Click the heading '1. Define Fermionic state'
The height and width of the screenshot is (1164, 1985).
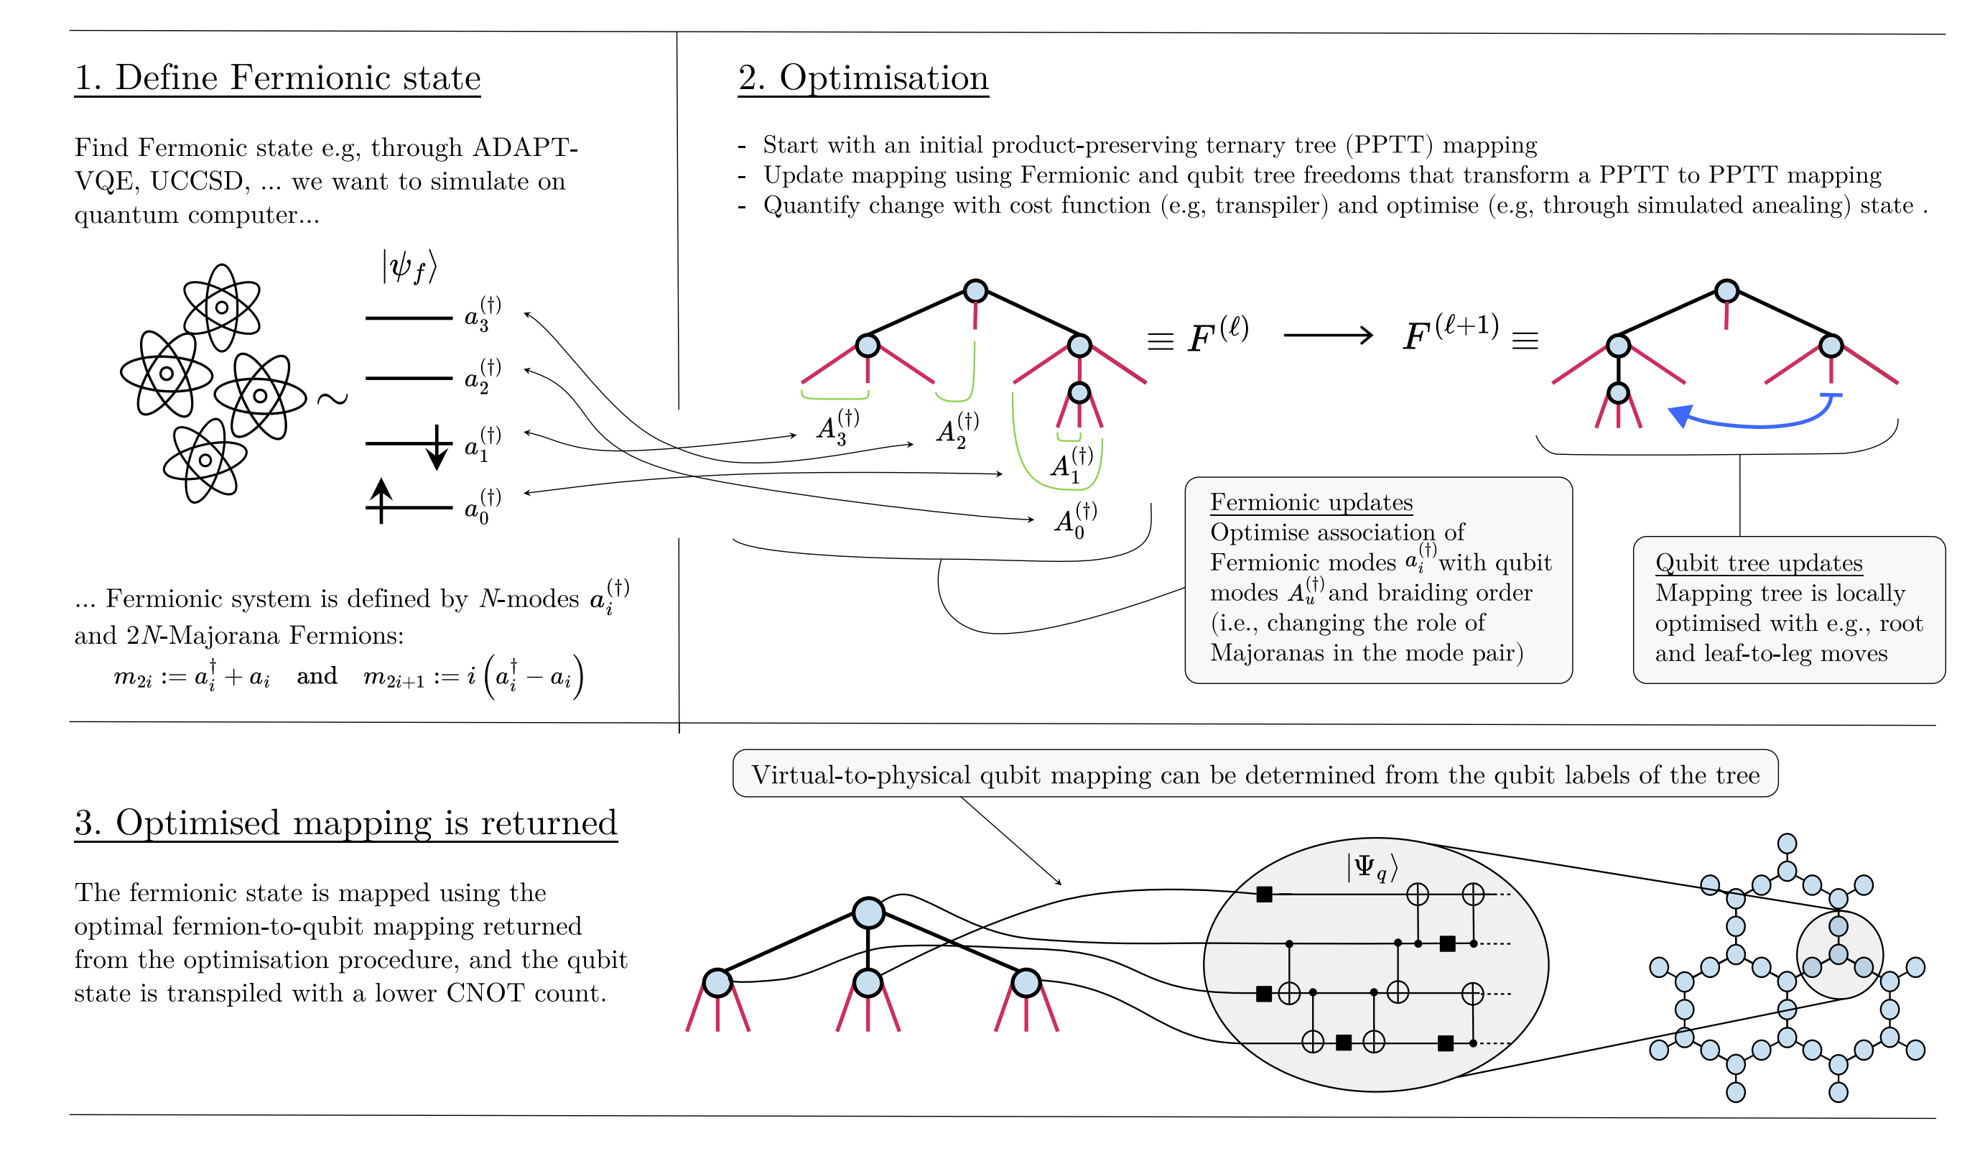pos(277,78)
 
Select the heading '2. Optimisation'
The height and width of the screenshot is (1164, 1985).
pos(863,78)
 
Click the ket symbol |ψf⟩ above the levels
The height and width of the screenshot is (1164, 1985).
pos(409,267)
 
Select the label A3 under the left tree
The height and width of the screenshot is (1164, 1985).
pos(837,428)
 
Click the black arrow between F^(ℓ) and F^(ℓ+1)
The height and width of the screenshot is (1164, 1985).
pos(1327,336)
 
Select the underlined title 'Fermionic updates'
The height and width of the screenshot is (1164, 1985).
pos(1311,502)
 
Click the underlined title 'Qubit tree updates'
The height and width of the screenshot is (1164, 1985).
pos(1758,563)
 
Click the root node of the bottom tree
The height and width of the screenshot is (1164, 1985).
pos(868,913)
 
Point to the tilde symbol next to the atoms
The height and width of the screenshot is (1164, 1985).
pos(332,399)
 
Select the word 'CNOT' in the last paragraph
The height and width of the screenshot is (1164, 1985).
pos(485,993)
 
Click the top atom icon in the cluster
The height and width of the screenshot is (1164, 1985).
pos(221,308)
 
